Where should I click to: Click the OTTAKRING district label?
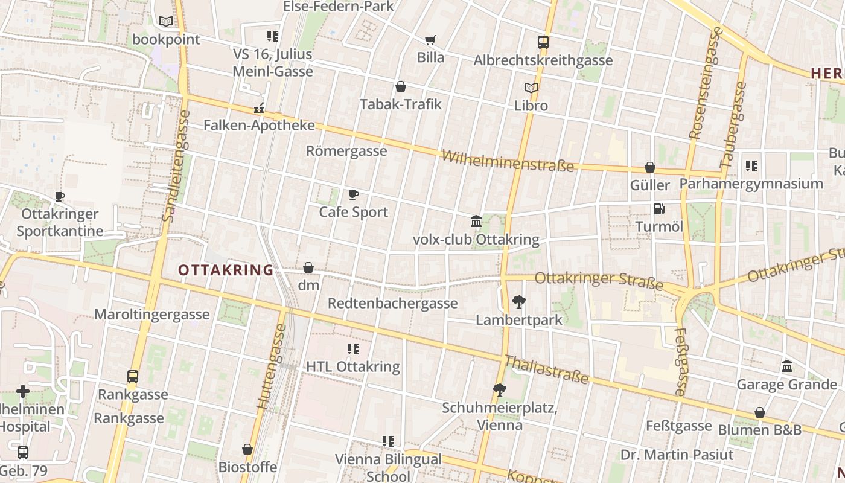coord(226,270)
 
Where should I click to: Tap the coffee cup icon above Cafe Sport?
coord(354,194)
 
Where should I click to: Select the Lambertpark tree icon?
coord(518,302)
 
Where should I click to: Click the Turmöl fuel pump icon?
coord(658,209)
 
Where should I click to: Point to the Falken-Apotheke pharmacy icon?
coord(259,108)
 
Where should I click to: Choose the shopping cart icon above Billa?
coord(430,40)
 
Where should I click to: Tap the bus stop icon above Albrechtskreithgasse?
coord(543,42)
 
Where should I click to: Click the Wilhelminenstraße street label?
coord(508,161)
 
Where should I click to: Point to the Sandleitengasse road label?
coord(175,166)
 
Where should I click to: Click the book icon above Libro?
coord(531,88)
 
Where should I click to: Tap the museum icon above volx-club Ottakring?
coord(476,222)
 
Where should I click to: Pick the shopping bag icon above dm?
coord(308,267)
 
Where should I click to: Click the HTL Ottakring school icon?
coord(353,349)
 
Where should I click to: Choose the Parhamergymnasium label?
coord(751,184)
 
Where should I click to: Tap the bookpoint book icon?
coord(166,22)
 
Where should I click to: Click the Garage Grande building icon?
coord(787,366)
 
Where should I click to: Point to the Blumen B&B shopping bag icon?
coord(760,413)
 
